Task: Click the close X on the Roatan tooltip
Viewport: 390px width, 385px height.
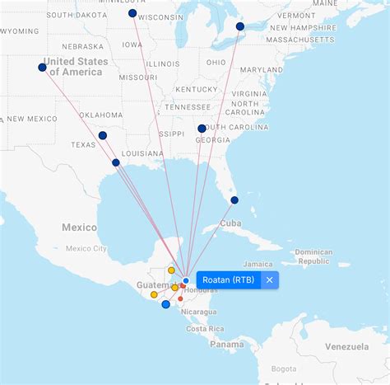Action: point(269,280)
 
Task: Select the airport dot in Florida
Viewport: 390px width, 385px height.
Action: point(234,200)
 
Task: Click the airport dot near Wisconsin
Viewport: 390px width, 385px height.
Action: point(132,13)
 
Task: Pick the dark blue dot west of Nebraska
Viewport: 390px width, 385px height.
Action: point(42,68)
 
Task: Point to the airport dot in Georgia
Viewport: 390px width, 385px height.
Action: point(202,129)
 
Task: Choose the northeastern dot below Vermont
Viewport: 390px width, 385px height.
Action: point(240,26)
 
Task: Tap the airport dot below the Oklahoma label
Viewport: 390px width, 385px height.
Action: point(102,135)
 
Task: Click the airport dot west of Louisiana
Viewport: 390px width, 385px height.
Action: point(116,162)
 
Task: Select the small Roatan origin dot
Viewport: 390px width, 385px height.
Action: point(186,281)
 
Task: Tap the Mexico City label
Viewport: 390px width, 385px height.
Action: point(86,248)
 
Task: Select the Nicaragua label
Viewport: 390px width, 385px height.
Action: point(199,312)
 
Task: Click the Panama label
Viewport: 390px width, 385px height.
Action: point(226,345)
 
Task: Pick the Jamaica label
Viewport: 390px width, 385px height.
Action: point(258,264)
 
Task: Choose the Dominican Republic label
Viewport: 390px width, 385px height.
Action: point(313,256)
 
